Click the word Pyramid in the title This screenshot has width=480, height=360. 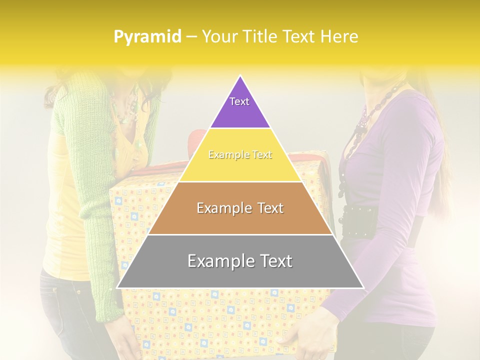pos(147,37)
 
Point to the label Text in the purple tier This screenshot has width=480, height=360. pos(239,101)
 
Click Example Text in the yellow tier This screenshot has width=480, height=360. pos(240,155)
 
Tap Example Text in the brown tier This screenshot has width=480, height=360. pos(240,208)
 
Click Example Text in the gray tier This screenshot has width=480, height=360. pos(240,261)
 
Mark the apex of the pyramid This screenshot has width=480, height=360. pos(240,76)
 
